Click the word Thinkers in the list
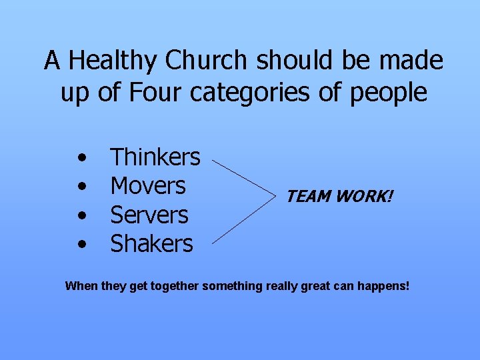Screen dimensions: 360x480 (155, 157)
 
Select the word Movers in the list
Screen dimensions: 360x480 (147, 186)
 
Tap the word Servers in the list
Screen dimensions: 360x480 (149, 215)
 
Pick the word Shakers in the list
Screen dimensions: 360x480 (151, 244)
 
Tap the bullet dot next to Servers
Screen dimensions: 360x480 (81, 216)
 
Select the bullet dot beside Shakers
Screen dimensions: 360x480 (81, 245)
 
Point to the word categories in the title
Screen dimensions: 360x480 (250, 93)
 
